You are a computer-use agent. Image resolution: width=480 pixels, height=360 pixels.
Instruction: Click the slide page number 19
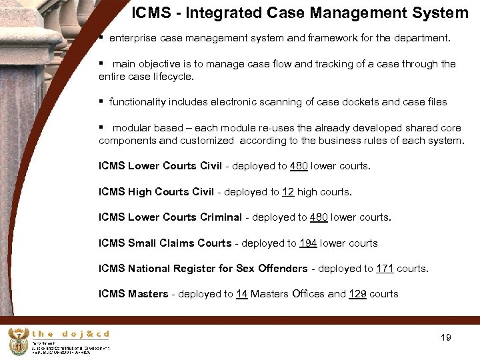(446, 337)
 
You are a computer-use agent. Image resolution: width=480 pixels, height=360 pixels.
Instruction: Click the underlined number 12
(288, 192)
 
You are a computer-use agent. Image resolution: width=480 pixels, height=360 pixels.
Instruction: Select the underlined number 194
(308, 243)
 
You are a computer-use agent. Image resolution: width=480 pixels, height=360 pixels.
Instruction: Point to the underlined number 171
(385, 269)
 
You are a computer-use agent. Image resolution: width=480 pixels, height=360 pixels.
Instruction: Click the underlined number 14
(241, 294)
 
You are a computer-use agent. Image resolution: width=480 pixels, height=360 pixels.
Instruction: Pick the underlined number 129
(357, 294)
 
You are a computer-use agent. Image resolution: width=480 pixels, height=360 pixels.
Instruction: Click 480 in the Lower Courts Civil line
(299, 166)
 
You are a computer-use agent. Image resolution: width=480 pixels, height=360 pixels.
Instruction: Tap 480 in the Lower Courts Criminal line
(317, 217)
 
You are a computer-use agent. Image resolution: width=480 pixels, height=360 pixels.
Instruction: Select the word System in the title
(444, 13)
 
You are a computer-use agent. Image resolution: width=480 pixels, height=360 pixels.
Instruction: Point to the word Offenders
(282, 269)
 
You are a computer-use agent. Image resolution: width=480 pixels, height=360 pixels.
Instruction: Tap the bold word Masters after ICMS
(148, 294)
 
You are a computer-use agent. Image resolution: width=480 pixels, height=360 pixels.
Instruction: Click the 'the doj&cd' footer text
(70, 334)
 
